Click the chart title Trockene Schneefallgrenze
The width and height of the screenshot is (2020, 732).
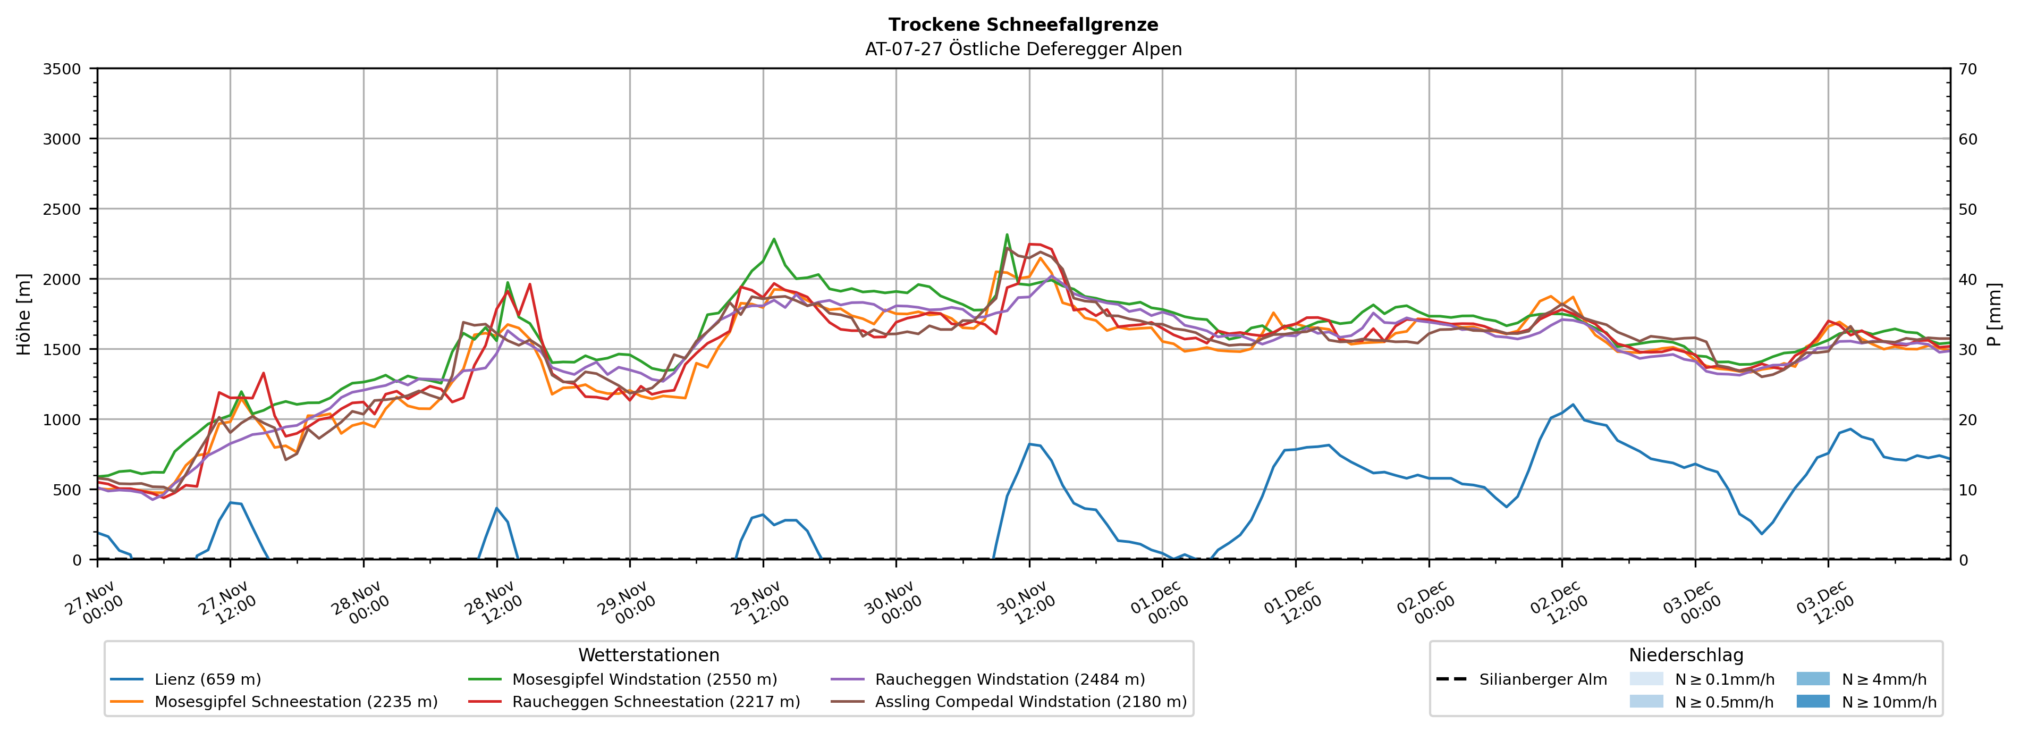[1022, 25]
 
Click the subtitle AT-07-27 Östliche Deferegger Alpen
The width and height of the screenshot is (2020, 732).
[1022, 49]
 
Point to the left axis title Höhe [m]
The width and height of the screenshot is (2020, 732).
[24, 314]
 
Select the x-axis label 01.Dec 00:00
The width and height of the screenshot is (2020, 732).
[1158, 602]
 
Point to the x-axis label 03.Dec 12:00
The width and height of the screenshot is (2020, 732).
[1824, 602]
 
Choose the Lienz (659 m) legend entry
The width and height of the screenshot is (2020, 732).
[207, 679]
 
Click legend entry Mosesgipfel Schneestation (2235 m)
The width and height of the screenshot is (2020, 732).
[295, 701]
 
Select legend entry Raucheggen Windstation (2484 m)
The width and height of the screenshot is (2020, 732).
[1009, 679]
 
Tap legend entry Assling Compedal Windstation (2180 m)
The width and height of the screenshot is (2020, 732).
[1030, 701]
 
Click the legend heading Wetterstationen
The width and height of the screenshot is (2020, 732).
[648, 655]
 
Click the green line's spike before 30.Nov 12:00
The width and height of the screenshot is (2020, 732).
[1007, 234]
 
